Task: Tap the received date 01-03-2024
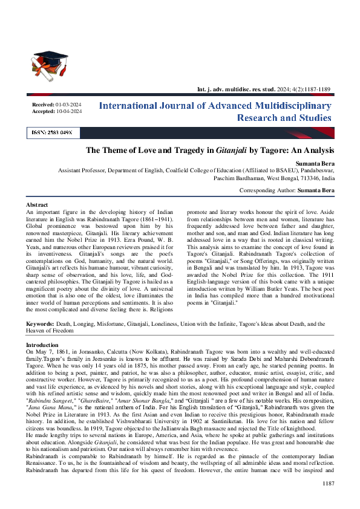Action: pyautogui.click(x=68, y=105)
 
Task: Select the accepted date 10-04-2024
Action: pyautogui.click(x=68, y=112)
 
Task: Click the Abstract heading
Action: pyautogui.click(x=38, y=206)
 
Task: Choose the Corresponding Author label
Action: pyautogui.click(x=267, y=190)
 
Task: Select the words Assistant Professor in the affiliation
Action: pyautogui.click(x=81, y=171)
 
